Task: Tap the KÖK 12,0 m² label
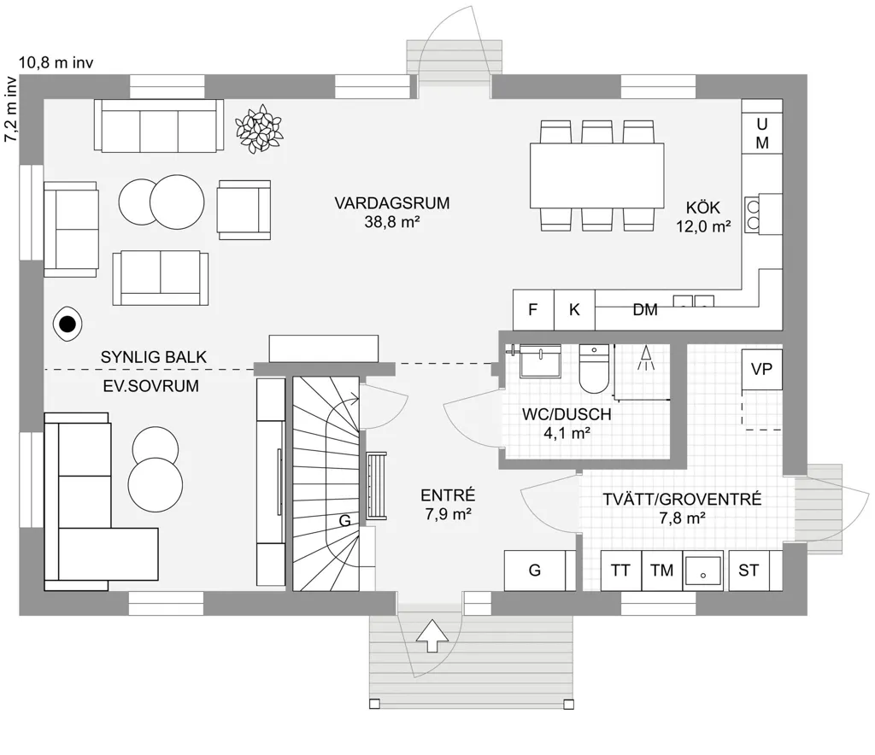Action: point(703,217)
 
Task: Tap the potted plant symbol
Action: point(258,129)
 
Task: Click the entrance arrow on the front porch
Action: point(432,635)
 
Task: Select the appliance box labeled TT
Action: point(621,571)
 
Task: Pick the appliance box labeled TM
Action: point(662,571)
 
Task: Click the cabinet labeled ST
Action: point(749,571)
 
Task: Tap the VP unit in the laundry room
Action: point(761,369)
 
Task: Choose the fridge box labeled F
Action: point(533,309)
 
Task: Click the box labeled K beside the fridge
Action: point(574,309)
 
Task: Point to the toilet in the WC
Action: point(594,369)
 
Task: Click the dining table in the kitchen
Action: point(596,175)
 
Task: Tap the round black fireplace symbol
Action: point(68,324)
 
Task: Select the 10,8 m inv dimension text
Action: point(56,62)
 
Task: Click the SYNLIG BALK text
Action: point(154,357)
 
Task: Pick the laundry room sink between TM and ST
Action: point(703,571)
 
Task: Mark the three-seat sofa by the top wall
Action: point(159,126)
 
